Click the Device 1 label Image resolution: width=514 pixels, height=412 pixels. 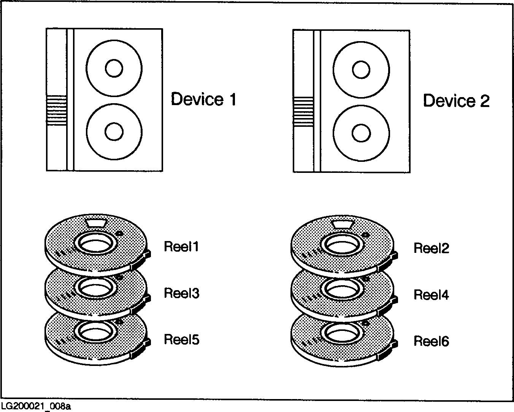pyautogui.click(x=203, y=99)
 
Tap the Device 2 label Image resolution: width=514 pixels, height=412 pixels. pyautogui.click(x=456, y=101)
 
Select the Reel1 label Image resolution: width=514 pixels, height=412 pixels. pyautogui.click(x=181, y=247)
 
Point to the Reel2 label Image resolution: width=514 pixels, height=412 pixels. pyautogui.click(x=431, y=248)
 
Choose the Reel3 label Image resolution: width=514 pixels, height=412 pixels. pyautogui.click(x=181, y=293)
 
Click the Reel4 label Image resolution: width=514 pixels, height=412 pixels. pyautogui.click(x=431, y=295)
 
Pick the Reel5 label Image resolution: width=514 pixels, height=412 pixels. pyautogui.click(x=181, y=339)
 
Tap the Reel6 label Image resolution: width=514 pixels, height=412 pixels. pyautogui.click(x=431, y=341)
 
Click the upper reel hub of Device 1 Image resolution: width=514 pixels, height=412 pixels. pyautogui.click(x=114, y=69)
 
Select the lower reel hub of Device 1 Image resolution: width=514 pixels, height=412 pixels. pyautogui.click(x=114, y=131)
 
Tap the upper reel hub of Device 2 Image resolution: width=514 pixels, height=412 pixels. pyautogui.click(x=361, y=70)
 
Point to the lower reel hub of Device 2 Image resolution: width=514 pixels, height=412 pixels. pyautogui.click(x=361, y=133)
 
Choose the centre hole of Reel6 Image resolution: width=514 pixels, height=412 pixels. pyautogui.click(x=341, y=334)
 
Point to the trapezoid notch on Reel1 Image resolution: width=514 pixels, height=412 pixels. pyautogui.click(x=97, y=222)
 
